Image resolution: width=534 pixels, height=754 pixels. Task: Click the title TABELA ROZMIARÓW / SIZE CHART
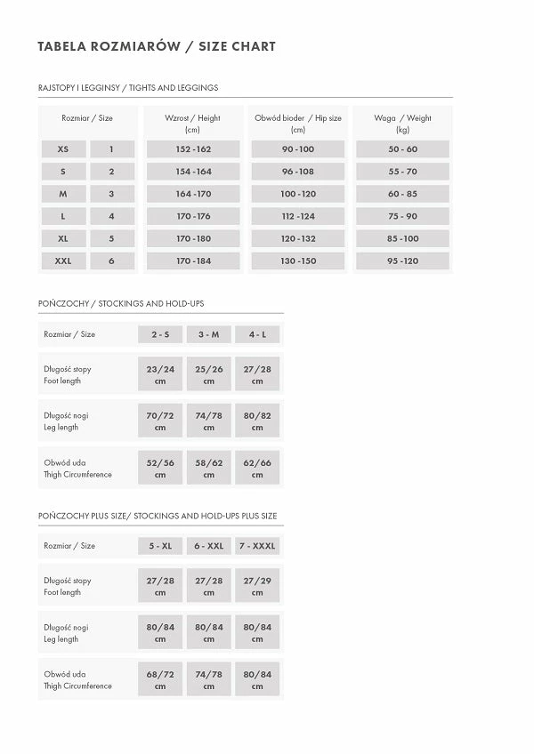pos(157,46)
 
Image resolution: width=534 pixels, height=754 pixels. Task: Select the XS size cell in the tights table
pos(63,149)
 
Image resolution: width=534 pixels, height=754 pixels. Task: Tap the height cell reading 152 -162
pos(193,149)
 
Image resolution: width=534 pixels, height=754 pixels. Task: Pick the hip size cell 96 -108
pos(298,172)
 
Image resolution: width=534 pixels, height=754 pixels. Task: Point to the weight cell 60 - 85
pos(402,194)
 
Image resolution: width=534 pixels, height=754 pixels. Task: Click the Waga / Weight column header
pos(402,124)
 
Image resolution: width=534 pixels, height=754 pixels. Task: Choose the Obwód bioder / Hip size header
pos(298,124)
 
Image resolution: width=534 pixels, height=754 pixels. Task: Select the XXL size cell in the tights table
pos(63,261)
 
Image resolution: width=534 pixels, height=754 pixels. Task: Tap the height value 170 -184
pos(193,261)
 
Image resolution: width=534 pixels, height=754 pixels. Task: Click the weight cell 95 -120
pos(402,261)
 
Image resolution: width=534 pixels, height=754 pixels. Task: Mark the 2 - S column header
pos(160,334)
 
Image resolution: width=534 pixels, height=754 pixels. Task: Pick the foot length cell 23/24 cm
pos(160,374)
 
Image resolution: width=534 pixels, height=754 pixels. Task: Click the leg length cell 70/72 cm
pos(160,421)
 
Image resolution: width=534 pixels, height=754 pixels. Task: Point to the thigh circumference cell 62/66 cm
pos(257,468)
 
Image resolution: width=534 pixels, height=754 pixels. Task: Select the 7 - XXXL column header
pos(257,546)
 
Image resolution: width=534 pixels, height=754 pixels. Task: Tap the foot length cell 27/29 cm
pos(257,586)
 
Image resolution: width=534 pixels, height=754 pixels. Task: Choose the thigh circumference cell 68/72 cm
pos(160,680)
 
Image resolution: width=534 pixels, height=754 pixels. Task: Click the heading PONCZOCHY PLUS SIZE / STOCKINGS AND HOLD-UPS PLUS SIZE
pos(158,516)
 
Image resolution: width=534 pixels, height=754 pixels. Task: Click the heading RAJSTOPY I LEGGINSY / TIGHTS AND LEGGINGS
pos(128,88)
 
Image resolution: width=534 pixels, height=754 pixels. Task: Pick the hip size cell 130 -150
pos(298,261)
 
